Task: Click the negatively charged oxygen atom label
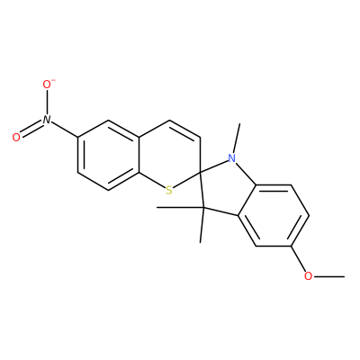(48, 85)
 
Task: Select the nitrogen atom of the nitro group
(47, 120)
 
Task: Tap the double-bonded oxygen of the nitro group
(16, 138)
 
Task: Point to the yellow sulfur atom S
(169, 190)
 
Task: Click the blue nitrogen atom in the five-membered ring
(231, 158)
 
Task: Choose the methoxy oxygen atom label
(308, 276)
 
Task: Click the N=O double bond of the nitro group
(31, 129)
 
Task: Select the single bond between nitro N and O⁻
(47, 102)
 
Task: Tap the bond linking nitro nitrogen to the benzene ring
(65, 129)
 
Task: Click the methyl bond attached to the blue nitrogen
(236, 139)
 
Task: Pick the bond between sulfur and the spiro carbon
(186, 179)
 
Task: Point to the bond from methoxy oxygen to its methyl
(328, 276)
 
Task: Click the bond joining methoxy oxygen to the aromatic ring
(298, 258)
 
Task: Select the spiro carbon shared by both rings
(200, 173)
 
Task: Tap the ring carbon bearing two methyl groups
(203, 208)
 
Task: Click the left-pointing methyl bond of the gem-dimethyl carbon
(180, 207)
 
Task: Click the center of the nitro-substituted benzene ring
(108, 155)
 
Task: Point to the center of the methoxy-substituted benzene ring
(274, 215)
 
